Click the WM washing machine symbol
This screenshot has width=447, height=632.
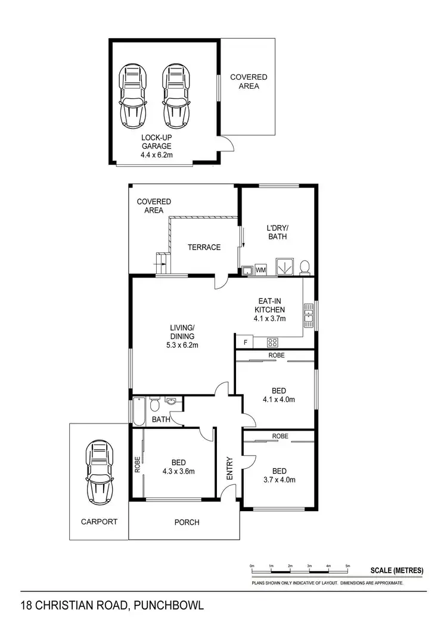[x=260, y=270]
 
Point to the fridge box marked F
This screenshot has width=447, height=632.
[x=244, y=343]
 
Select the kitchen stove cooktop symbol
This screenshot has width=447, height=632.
[x=272, y=342]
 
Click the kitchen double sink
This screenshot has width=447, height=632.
[x=309, y=316]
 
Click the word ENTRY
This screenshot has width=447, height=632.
[x=229, y=468]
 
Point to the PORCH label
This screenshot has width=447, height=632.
[x=187, y=522]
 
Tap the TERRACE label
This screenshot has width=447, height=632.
[x=204, y=247]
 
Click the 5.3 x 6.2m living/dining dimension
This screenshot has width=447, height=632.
[x=182, y=345]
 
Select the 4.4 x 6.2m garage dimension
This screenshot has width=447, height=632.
[x=157, y=155]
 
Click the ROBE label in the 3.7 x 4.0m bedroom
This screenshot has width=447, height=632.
[x=280, y=436]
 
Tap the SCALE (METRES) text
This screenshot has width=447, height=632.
[x=396, y=570]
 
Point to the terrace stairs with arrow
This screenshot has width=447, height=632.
[x=162, y=261]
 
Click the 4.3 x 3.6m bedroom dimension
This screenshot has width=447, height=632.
[x=178, y=472]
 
